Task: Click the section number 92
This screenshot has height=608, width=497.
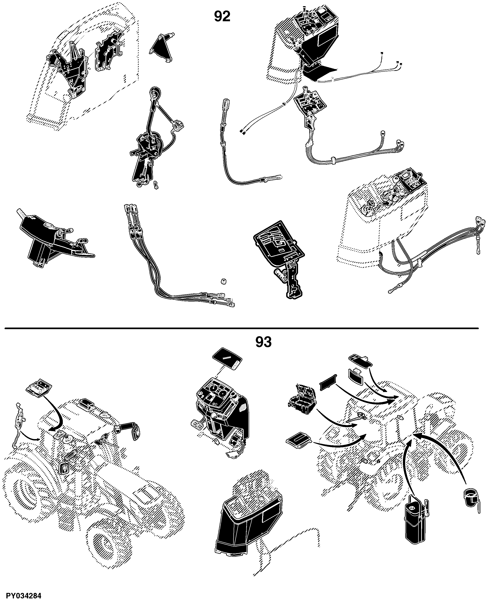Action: (222, 17)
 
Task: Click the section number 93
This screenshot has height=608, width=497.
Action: (263, 342)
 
